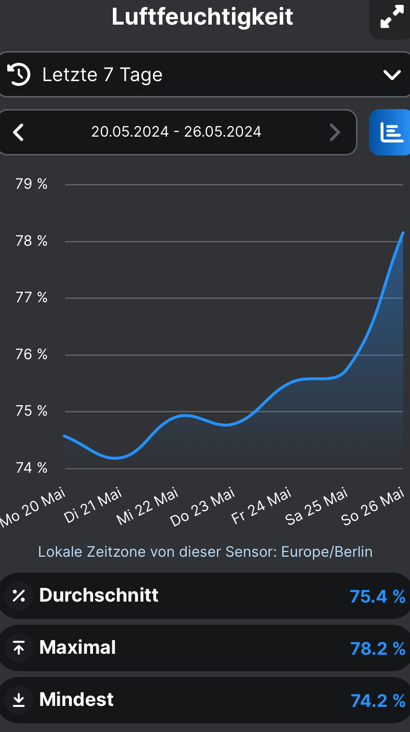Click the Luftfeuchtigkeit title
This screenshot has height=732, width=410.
tap(203, 17)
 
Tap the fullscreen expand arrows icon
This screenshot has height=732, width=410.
tap(392, 17)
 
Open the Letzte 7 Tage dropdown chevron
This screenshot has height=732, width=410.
tap(392, 75)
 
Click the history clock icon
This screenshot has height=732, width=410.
tap(19, 74)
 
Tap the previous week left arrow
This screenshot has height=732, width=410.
tap(18, 132)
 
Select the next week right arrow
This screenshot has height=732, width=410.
tap(335, 132)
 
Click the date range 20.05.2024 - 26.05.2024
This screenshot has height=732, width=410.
tap(177, 132)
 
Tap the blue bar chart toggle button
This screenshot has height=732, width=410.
tap(391, 132)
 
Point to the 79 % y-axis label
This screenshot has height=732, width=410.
tap(32, 184)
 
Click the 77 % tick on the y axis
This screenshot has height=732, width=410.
tap(32, 297)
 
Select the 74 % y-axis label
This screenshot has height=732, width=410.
tap(32, 468)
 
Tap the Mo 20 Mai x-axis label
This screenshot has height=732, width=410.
tap(33, 508)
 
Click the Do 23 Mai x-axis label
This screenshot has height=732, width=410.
tap(203, 507)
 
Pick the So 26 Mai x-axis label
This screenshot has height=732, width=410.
tap(372, 507)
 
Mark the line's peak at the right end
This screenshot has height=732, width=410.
tap(403, 233)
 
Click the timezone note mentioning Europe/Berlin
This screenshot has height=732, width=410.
tap(205, 552)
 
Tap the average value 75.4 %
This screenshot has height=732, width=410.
tap(377, 597)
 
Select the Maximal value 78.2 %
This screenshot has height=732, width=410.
tap(377, 649)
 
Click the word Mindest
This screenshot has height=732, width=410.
tap(77, 700)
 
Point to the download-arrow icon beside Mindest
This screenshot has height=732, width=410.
tap(19, 700)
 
